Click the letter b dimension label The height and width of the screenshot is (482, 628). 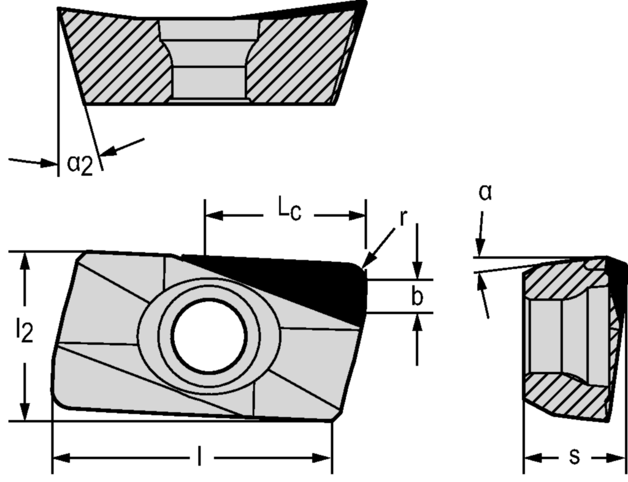(417, 297)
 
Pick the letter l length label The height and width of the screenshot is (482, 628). (199, 456)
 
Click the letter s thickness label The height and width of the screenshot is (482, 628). (575, 457)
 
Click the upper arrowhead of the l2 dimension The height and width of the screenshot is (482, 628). (25, 260)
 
